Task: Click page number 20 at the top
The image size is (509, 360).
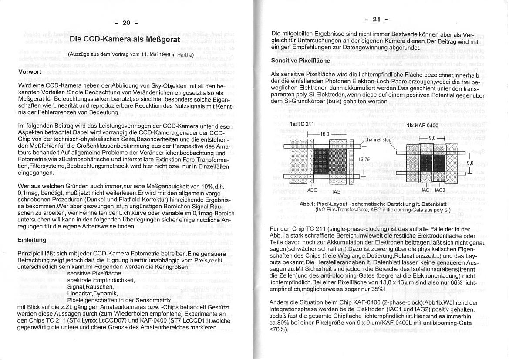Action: tap(126, 23)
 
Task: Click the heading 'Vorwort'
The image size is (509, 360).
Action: tap(30, 71)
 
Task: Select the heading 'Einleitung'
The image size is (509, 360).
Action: tap(32, 240)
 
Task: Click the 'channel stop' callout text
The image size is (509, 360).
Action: tap(378, 140)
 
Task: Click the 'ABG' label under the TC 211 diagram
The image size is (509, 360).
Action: tap(313, 190)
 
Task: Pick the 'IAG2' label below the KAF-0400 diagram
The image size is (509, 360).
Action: tap(440, 190)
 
